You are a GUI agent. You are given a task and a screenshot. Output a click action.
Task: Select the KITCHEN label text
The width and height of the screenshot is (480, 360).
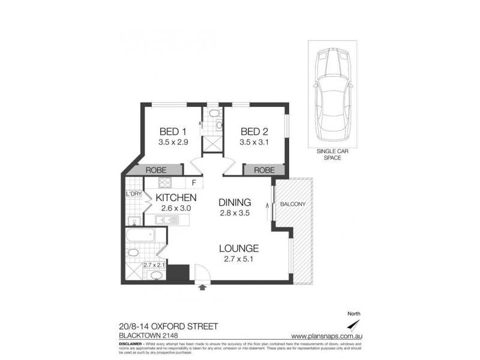[x=176, y=197]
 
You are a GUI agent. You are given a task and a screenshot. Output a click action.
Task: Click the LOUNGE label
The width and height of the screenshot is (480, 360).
[x=238, y=248]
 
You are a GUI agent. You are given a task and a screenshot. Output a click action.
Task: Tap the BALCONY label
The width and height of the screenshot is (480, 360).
[x=293, y=204]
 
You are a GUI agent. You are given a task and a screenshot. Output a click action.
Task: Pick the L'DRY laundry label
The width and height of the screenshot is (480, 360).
[x=133, y=194]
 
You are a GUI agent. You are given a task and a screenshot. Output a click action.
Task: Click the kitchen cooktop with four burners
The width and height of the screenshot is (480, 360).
[x=165, y=182]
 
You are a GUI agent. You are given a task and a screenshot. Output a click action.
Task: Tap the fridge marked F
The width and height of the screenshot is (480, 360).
[x=194, y=183]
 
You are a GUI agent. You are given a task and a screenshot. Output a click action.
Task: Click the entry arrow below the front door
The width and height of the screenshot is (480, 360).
[x=202, y=288]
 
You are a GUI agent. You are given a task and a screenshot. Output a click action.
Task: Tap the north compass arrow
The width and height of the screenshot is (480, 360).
[x=355, y=324]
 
